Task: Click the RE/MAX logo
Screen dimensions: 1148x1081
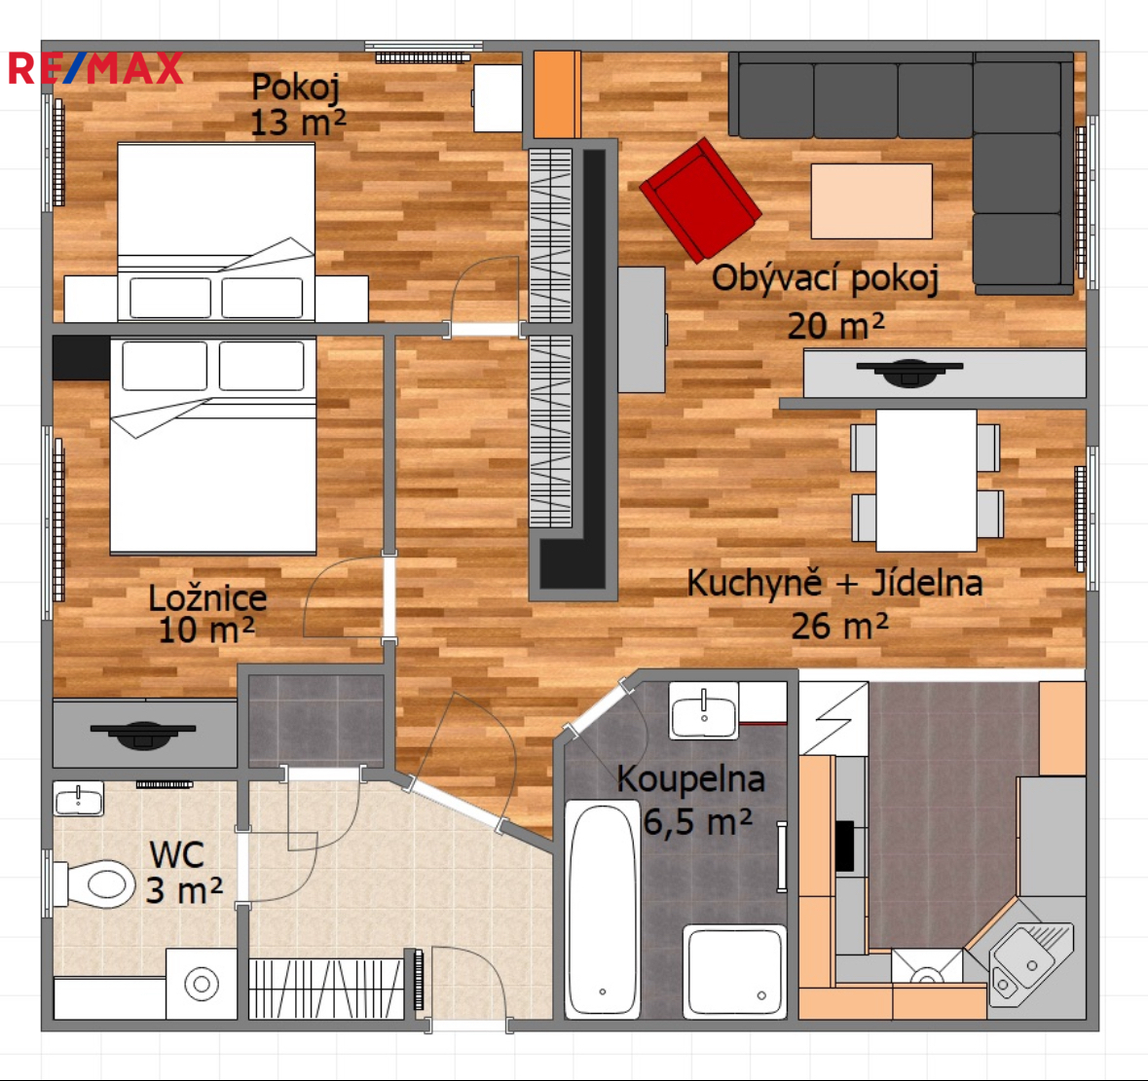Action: tap(95, 69)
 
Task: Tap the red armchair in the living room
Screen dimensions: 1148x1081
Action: tap(701, 199)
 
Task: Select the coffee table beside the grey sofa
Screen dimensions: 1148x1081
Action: tap(871, 201)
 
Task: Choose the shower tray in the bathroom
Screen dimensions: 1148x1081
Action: tap(734, 971)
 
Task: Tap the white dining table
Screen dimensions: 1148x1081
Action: tap(926, 480)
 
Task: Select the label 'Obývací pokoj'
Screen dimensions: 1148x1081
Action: tap(825, 278)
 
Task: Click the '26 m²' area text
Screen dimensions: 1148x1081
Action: tap(839, 626)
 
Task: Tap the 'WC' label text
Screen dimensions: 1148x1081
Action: tap(176, 854)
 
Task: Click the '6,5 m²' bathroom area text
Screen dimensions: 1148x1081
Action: tap(697, 821)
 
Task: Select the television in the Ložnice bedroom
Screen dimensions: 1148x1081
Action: tap(143, 734)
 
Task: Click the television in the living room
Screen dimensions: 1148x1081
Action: tap(909, 372)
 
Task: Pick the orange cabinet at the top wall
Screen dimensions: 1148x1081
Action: tap(556, 94)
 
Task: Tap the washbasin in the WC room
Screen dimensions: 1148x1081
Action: tap(78, 799)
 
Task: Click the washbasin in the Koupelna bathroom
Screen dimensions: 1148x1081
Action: tap(704, 709)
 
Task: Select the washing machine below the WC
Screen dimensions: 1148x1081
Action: tap(202, 984)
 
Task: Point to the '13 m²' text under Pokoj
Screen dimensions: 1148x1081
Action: tap(298, 123)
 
